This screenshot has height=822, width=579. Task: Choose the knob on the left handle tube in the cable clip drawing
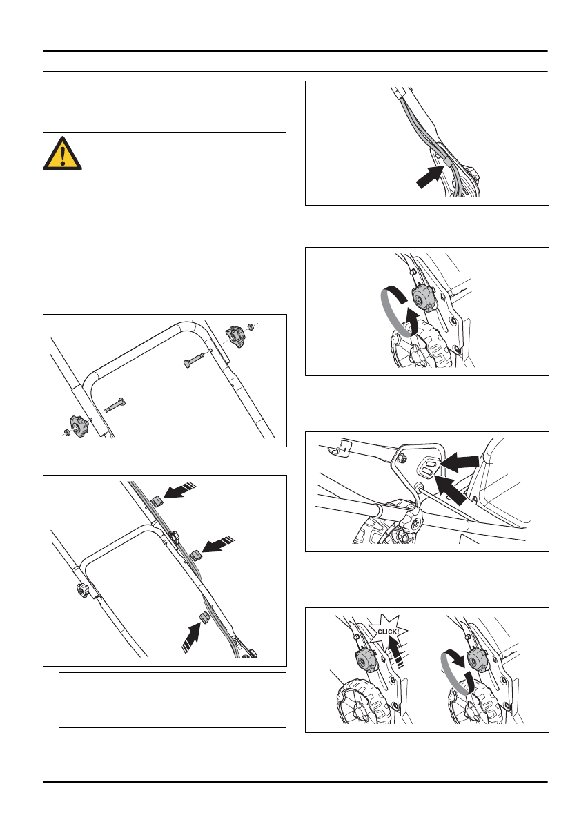81,591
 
